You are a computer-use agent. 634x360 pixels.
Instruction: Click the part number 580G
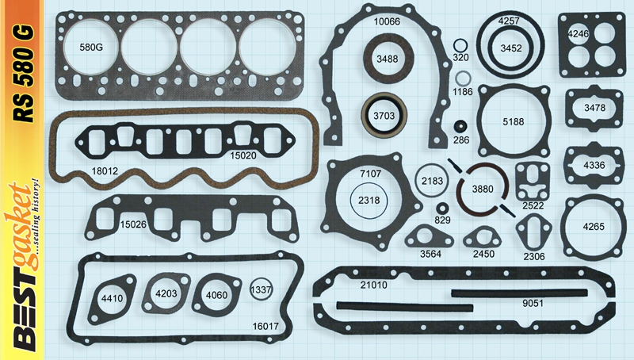pyautogui.click(x=91, y=48)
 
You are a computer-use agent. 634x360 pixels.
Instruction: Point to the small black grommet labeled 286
pyautogui.click(x=460, y=126)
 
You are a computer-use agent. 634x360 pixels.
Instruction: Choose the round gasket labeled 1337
pyautogui.click(x=261, y=290)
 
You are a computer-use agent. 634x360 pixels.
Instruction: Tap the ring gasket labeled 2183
pyautogui.click(x=432, y=181)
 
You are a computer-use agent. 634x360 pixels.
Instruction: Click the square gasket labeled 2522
pyautogui.click(x=532, y=183)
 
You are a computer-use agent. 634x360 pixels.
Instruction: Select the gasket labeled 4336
pyautogui.click(x=594, y=165)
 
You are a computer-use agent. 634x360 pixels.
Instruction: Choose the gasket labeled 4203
pyautogui.click(x=166, y=293)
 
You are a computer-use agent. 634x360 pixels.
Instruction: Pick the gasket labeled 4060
pyautogui.click(x=216, y=296)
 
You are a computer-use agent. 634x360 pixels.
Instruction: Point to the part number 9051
pyautogui.click(x=532, y=302)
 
